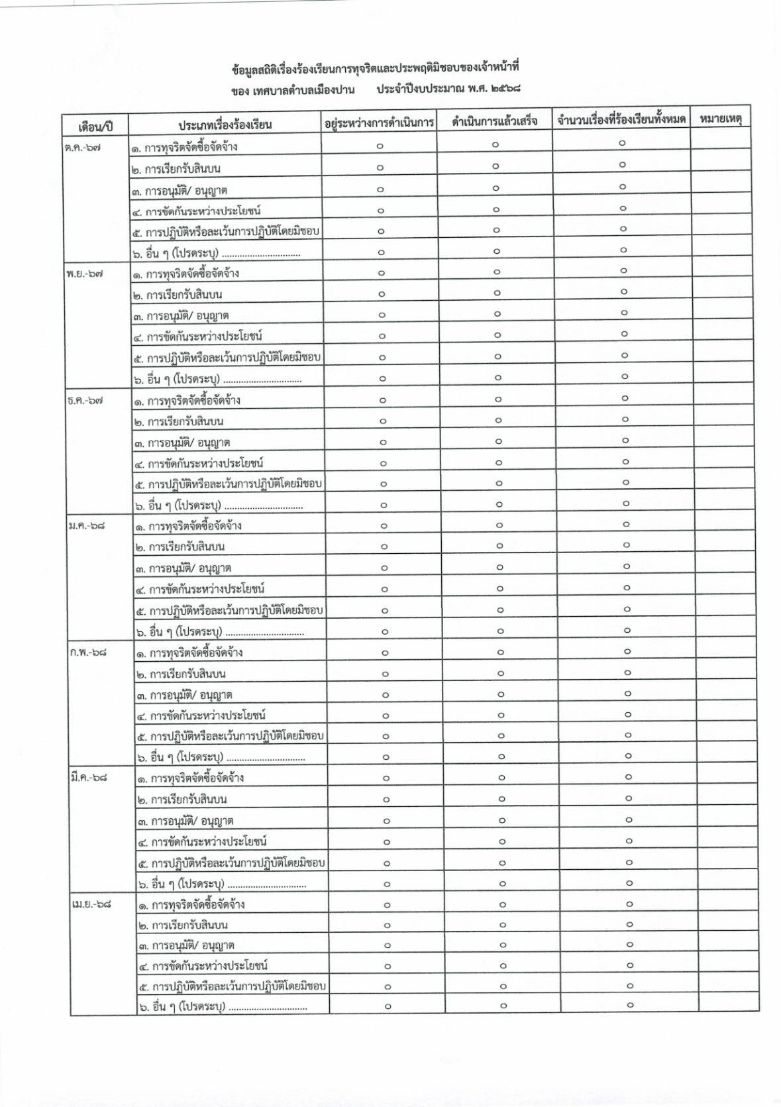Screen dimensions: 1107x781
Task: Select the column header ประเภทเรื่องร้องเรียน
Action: [x=225, y=125]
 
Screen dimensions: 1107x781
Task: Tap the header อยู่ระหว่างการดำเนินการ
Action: [x=379, y=123]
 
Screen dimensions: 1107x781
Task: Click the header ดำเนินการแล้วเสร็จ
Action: [x=494, y=122]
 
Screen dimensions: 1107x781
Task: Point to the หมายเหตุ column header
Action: [x=719, y=119]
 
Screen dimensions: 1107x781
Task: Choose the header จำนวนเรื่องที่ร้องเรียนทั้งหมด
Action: [x=621, y=121]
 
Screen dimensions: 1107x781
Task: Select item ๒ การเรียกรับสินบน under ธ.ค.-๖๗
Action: [x=185, y=421]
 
